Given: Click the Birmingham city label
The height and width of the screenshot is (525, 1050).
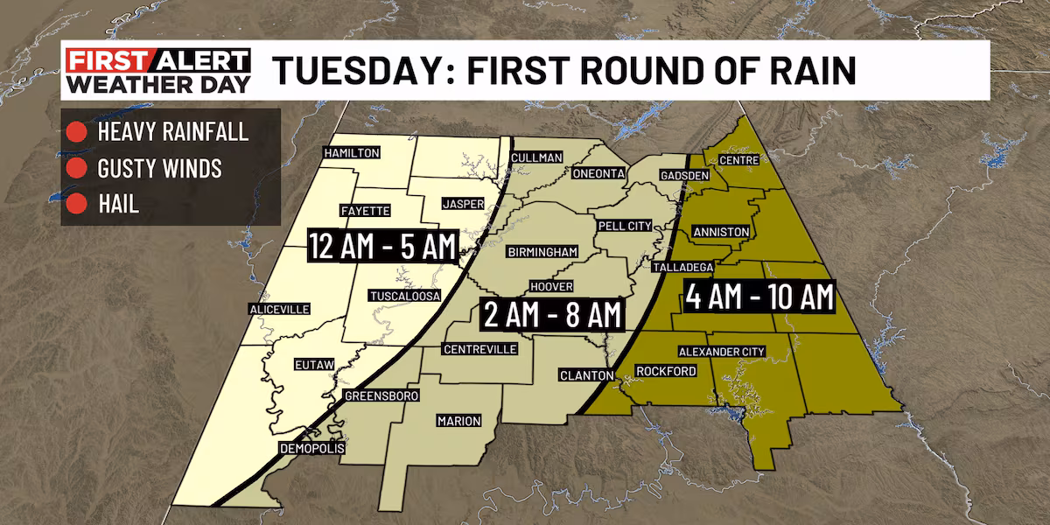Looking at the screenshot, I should pos(542,252).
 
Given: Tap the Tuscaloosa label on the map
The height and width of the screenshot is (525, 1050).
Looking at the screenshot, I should pos(403,295).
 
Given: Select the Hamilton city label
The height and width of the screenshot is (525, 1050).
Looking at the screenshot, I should pos(351,153).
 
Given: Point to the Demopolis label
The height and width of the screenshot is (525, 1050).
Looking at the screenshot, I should pos(311,448).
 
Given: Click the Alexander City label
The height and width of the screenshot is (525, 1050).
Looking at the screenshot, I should pos(723,352).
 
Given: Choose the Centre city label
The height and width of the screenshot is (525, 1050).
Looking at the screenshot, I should pos(738,160).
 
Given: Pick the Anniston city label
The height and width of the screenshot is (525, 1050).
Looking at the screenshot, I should pos(720,232).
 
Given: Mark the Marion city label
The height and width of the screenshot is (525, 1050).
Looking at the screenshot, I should pos(458,421).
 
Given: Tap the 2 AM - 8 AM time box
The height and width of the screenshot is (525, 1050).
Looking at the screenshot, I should pos(551,313).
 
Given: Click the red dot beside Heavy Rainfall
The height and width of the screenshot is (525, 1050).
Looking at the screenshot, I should pos(76,133).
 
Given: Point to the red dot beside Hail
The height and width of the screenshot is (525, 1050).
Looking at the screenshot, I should pos(76,204).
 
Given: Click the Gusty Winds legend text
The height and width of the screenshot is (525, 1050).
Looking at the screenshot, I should pos(159,168).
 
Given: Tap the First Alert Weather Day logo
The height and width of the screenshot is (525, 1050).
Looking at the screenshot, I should pos(158,71).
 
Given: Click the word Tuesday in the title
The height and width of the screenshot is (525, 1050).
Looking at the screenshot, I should pos(356,70).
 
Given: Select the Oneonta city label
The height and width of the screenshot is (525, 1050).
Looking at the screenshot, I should pos(598,174).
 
